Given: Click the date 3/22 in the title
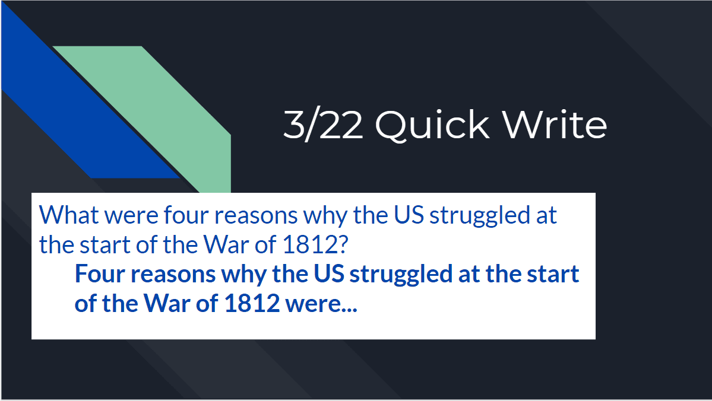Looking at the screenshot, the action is click(323, 125).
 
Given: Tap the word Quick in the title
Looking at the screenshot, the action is click(432, 125).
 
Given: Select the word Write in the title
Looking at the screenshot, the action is click(555, 124).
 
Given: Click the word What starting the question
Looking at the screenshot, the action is click(68, 215).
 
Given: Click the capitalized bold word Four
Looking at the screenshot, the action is click(99, 274).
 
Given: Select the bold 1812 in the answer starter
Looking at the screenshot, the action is click(252, 304).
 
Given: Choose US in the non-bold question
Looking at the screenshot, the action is click(409, 215).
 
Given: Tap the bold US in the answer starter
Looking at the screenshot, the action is click(329, 274).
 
